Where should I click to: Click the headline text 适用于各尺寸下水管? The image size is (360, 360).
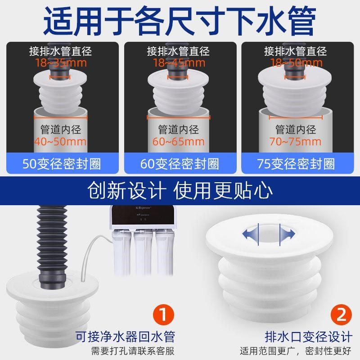click(x=180, y=20)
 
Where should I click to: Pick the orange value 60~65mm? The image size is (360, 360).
click(x=179, y=142)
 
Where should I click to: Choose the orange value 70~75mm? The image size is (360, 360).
click(x=296, y=142)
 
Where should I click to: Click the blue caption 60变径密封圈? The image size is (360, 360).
click(x=180, y=163)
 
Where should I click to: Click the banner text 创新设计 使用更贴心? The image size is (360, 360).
click(x=180, y=190)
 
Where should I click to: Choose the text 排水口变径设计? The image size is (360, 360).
click(x=308, y=336)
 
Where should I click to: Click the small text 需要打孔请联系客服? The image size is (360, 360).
click(x=133, y=351)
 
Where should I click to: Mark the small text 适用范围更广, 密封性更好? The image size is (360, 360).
click(x=296, y=351)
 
